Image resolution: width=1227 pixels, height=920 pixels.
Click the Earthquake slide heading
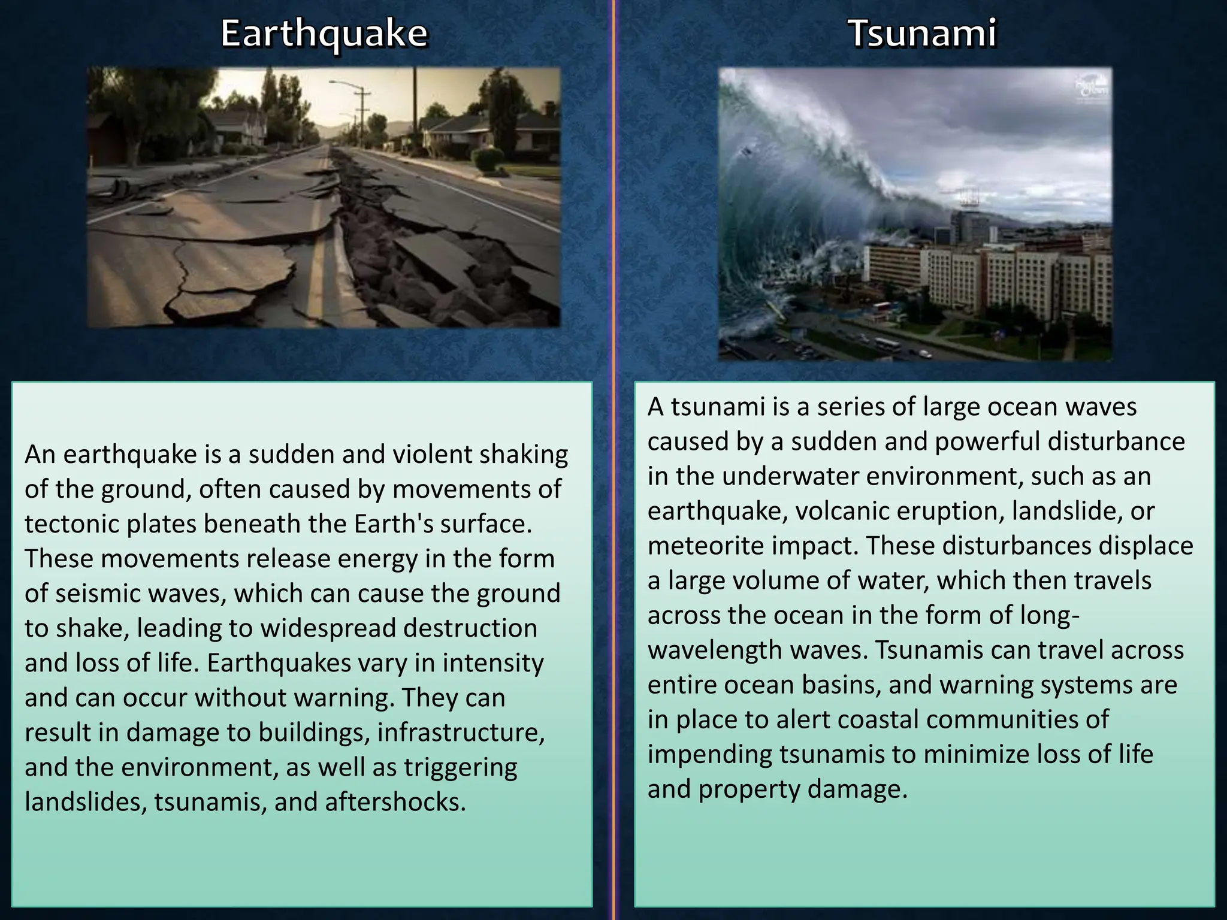(x=324, y=34)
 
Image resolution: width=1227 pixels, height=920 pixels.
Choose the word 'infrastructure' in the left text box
(x=461, y=733)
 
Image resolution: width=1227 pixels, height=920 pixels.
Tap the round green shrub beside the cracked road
(x=488, y=159)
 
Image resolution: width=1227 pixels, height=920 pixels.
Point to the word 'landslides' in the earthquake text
(x=86, y=802)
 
